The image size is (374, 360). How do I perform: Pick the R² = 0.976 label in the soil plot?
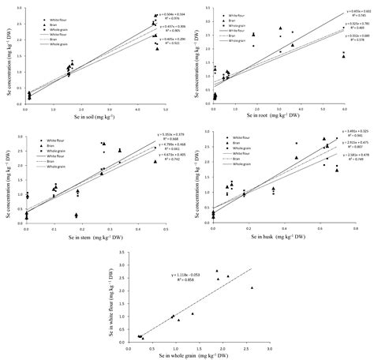tap(168, 18)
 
